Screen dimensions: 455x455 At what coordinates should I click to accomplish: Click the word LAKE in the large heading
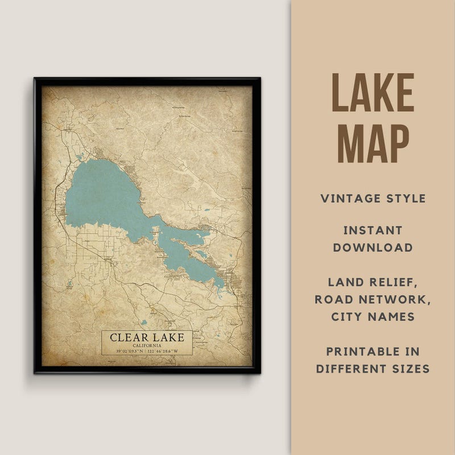click(x=373, y=92)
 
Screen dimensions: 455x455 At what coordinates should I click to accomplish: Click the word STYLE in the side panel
click(x=405, y=198)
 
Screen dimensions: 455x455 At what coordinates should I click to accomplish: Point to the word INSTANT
click(x=373, y=230)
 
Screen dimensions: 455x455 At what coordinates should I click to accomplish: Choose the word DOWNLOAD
click(x=373, y=247)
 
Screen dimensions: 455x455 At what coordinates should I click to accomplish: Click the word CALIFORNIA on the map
click(x=147, y=345)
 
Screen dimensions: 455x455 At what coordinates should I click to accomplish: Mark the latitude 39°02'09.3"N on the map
click(x=130, y=351)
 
